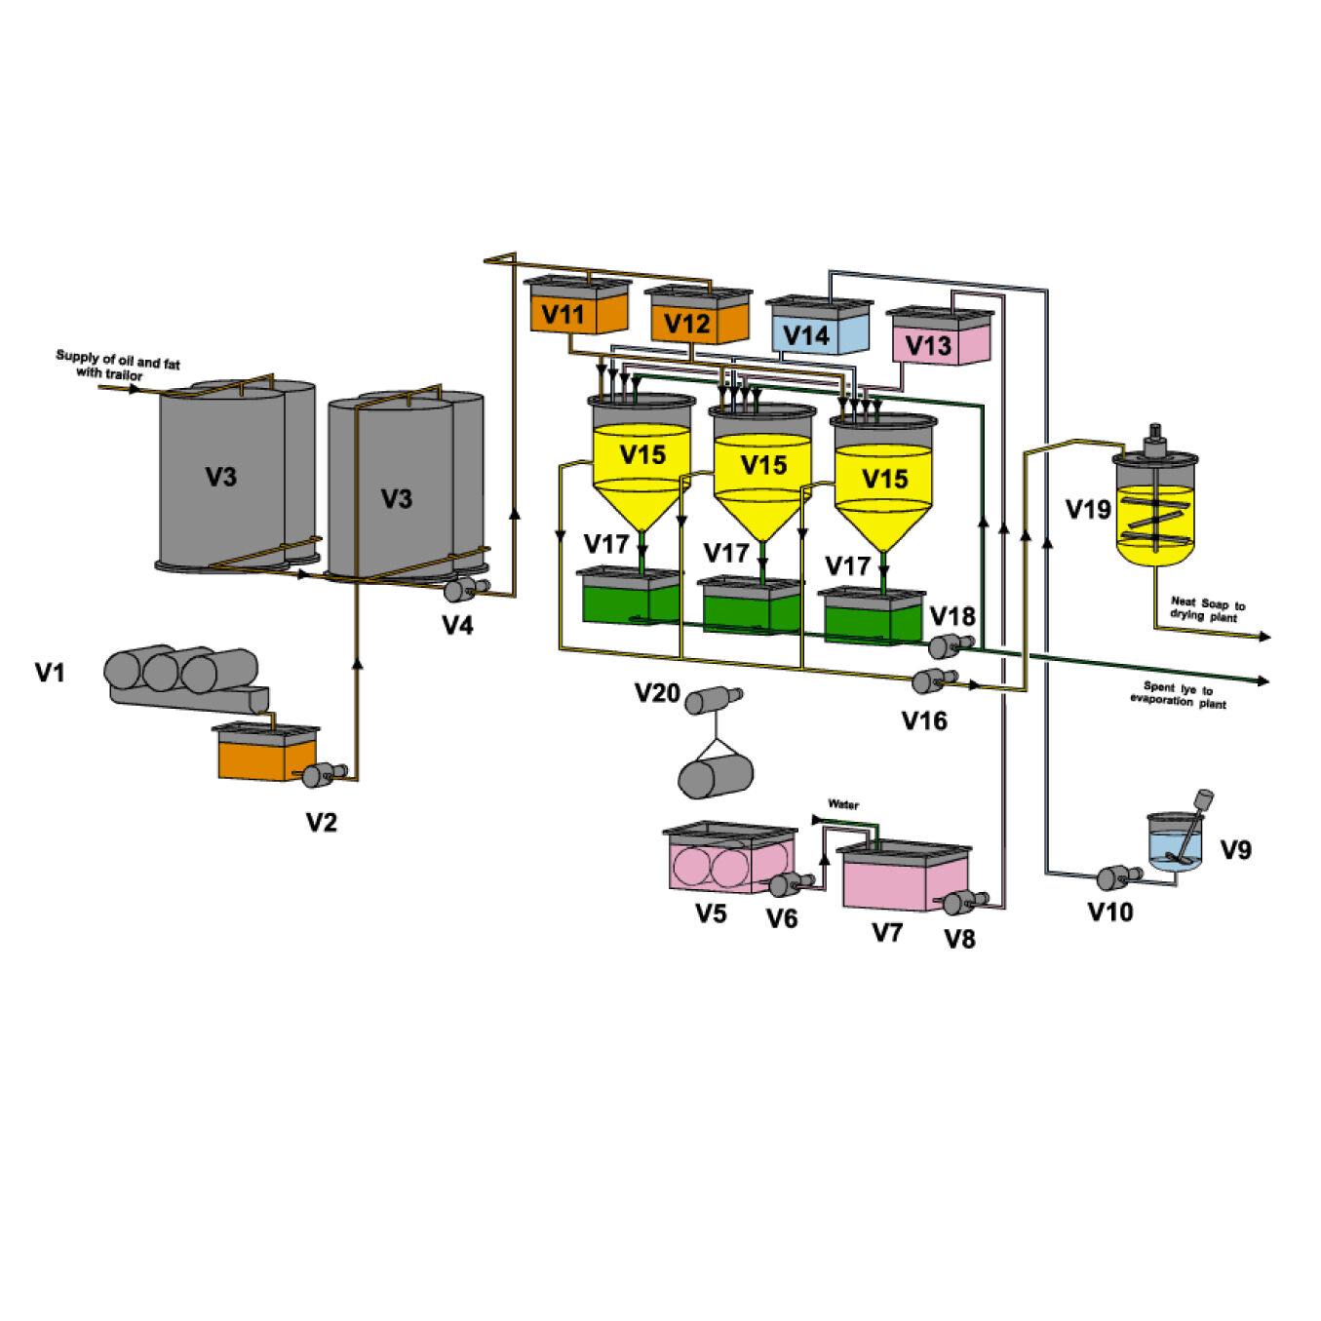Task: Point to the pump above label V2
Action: [x=320, y=774]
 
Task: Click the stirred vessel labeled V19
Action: [x=1155, y=512]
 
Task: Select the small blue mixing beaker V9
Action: [x=1175, y=843]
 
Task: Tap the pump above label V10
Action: [x=1113, y=876]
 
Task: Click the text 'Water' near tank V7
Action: [x=843, y=804]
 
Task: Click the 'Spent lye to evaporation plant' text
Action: [x=1179, y=694]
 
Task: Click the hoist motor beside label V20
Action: [x=711, y=700]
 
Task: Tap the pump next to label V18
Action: [x=948, y=644]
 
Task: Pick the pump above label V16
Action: [x=930, y=680]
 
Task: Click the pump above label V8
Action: [x=961, y=902]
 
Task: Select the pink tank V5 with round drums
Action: [x=728, y=860]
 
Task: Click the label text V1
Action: [x=50, y=673]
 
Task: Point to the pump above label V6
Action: [x=786, y=884]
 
